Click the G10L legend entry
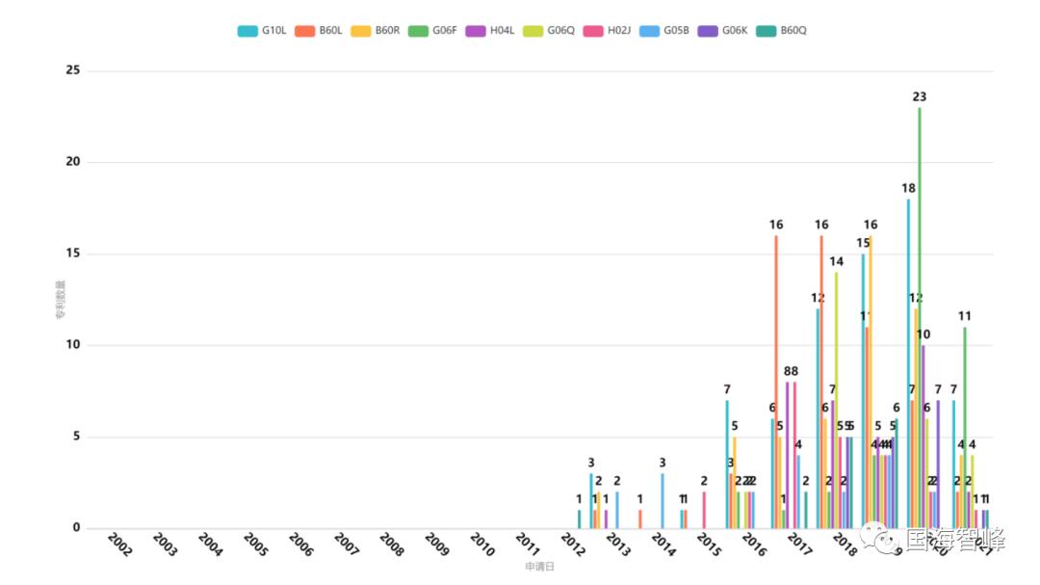tap(262, 31)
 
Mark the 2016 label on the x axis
tap(754, 545)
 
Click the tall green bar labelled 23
tap(920, 318)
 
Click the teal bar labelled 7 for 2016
tap(727, 464)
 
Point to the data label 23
tap(920, 96)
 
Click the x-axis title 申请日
tap(539, 567)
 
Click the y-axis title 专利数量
tap(60, 300)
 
